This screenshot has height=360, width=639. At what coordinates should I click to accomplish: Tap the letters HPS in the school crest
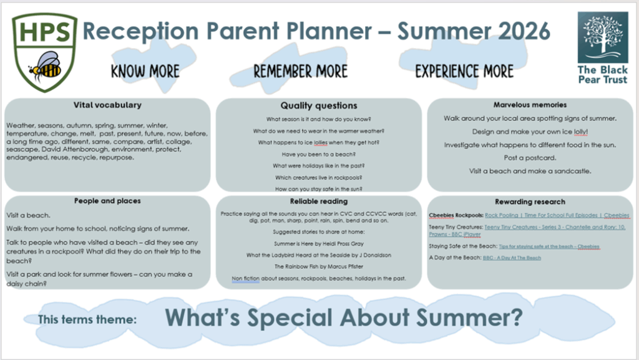[45, 32]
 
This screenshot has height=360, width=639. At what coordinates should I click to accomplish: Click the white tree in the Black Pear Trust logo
[603, 35]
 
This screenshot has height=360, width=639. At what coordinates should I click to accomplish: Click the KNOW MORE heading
[145, 71]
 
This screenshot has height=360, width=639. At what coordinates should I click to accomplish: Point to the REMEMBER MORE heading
[301, 71]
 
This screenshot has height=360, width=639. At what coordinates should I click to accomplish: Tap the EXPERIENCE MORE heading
[464, 71]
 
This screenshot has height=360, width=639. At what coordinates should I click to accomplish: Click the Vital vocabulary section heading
[107, 105]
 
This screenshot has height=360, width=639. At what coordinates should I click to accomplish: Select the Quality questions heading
[319, 106]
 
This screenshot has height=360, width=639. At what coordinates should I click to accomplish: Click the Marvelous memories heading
[530, 105]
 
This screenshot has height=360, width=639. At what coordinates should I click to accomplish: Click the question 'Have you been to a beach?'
[319, 154]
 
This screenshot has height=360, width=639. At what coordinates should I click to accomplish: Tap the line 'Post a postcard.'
[530, 158]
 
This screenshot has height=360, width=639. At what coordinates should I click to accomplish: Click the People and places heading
[107, 201]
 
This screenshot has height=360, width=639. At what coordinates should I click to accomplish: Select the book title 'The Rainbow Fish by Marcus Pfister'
[319, 267]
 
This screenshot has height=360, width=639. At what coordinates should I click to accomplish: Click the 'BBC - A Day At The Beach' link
[512, 258]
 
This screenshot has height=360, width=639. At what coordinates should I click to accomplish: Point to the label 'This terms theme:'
[87, 319]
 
